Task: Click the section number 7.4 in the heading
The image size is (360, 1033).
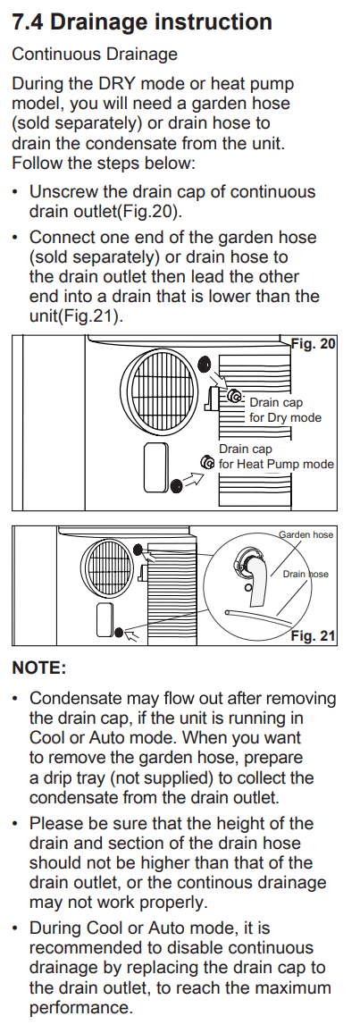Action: pos(28,22)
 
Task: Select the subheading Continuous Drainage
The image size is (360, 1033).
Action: pos(95,54)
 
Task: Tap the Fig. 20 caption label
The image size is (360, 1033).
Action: pos(314,344)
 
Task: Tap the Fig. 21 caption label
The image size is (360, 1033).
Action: pos(314,635)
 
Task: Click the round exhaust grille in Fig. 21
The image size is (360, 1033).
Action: pos(107,565)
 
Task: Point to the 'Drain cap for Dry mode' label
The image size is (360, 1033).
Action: pos(285,410)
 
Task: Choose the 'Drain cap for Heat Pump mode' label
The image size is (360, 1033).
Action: pos(276,457)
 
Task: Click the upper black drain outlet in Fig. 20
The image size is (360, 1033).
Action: pos(204,363)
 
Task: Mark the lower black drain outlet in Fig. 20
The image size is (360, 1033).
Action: pos(176,486)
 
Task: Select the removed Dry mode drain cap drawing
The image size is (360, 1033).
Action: pos(235,397)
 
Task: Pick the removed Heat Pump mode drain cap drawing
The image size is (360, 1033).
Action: pos(208,463)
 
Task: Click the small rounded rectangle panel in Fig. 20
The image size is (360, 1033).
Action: pos(156,467)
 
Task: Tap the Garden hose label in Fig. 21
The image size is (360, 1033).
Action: pos(306,535)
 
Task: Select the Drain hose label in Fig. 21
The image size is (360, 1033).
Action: pos(306,574)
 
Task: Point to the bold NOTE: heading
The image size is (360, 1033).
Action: pos(39,668)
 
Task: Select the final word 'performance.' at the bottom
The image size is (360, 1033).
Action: pos(81,1009)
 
